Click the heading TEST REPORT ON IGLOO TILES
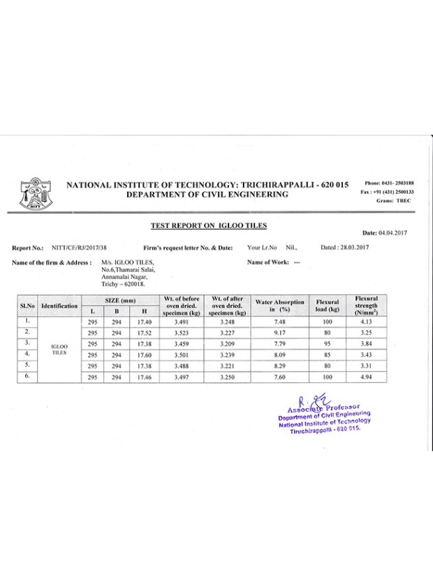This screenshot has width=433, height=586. [x=209, y=225]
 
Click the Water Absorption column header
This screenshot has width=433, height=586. [x=280, y=305]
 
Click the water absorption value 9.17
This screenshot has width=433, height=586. [x=280, y=333]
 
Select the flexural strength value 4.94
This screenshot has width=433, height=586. [x=367, y=376]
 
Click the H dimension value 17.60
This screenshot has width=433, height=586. [x=145, y=354]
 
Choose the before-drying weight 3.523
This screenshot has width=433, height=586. [x=180, y=333]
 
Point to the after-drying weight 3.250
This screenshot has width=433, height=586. [x=227, y=376]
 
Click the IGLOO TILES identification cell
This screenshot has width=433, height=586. [x=59, y=349]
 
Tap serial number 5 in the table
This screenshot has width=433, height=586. [x=27, y=365]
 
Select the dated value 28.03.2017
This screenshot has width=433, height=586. [x=353, y=248]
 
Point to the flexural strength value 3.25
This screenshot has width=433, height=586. [x=367, y=333]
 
